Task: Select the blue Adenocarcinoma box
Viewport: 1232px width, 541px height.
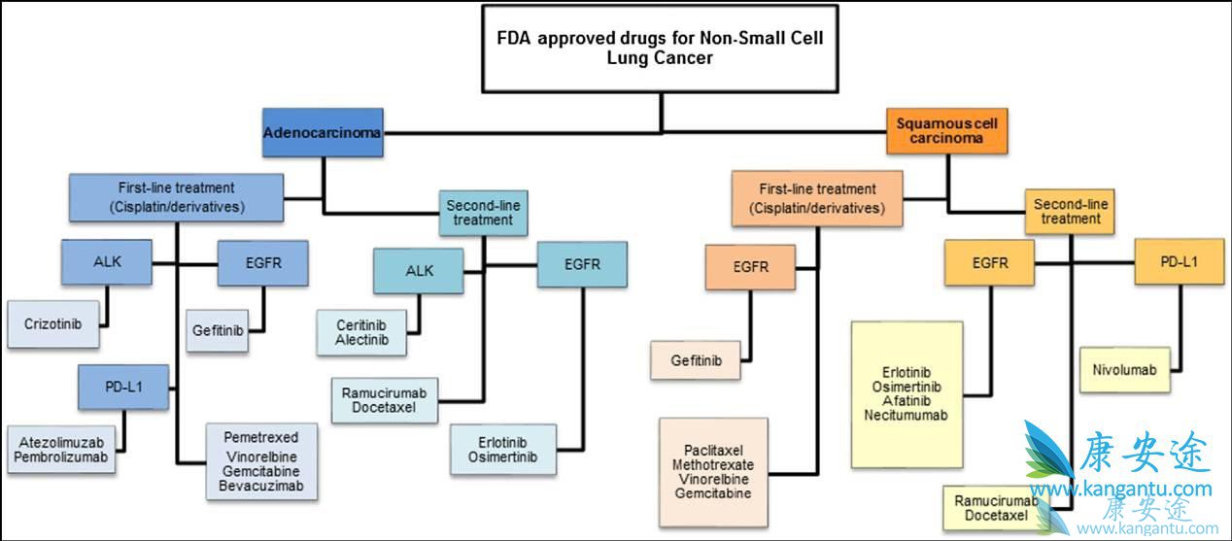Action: tap(323, 132)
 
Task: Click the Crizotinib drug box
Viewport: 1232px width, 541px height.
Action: tap(52, 324)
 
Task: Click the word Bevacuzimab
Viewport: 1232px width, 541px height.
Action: tap(260, 485)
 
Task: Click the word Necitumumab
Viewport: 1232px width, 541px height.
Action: tap(907, 415)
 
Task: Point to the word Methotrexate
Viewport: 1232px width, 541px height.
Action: tap(712, 465)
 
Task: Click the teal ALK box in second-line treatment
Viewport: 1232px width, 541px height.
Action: tap(418, 271)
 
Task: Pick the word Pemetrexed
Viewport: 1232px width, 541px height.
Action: tap(260, 437)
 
